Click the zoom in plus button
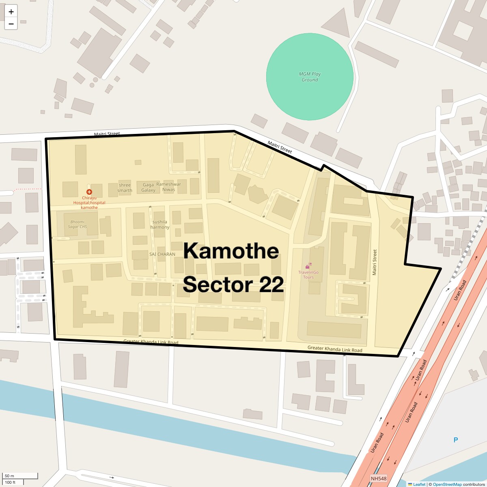click(11, 12)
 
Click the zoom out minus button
click(11, 24)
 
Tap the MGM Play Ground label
click(310, 77)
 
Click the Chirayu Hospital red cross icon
click(89, 192)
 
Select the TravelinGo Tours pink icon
click(308, 266)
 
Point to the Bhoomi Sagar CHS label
click(78, 224)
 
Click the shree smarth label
click(125, 187)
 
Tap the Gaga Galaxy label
click(148, 187)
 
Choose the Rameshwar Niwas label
click(168, 187)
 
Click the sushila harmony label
click(159, 224)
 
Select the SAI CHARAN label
click(162, 254)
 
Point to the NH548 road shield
click(379, 479)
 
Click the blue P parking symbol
click(455, 440)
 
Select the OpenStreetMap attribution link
click(447, 484)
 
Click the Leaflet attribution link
click(419, 484)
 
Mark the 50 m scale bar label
click(9, 476)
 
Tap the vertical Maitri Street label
click(375, 262)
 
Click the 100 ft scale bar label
click(10, 482)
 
